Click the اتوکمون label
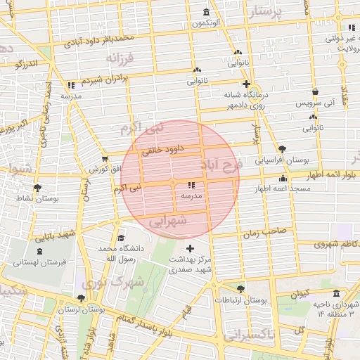tap(205, 24)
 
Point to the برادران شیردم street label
tap(105, 79)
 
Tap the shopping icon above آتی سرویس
tap(315, 91)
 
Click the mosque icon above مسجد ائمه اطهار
tap(283, 179)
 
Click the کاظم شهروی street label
tap(324, 244)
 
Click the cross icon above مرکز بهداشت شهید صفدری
tap(190, 248)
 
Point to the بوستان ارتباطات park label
tap(242, 300)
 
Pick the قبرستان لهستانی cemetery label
tap(39, 262)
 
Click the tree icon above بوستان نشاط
tap(37, 188)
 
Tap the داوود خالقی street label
tap(162, 149)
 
